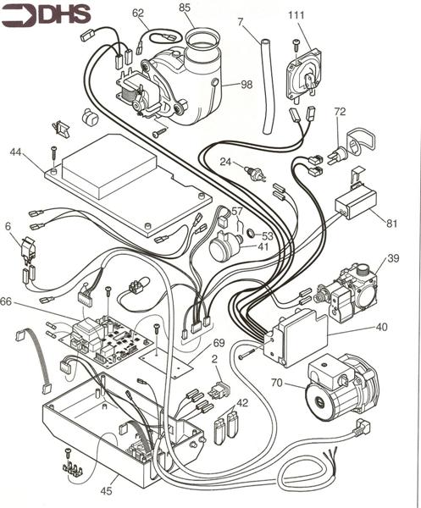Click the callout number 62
(139, 13)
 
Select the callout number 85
(185, 9)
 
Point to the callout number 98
(247, 85)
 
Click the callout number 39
(393, 258)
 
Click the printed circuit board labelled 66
(110, 334)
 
